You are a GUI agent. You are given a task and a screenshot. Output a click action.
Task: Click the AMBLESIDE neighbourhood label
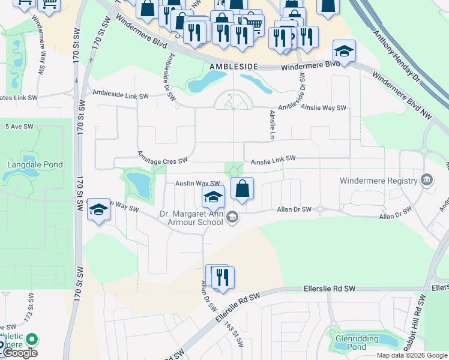(x=234, y=67)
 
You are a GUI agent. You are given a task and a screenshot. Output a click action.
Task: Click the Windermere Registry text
(x=378, y=181)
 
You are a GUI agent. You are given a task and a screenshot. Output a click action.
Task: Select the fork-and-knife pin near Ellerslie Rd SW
(x=223, y=277)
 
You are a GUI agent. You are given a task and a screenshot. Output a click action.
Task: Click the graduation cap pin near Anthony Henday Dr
(x=345, y=51)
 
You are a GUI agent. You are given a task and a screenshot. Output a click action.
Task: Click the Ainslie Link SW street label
(x=273, y=159)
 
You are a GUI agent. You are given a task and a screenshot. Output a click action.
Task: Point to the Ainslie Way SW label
(x=324, y=108)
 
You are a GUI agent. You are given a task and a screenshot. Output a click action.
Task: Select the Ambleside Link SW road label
(x=121, y=95)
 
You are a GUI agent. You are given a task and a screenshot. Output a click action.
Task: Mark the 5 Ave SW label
(x=17, y=127)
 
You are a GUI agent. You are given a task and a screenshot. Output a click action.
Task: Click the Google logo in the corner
(x=19, y=353)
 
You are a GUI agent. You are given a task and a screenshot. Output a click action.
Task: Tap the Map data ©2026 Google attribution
(x=411, y=355)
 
